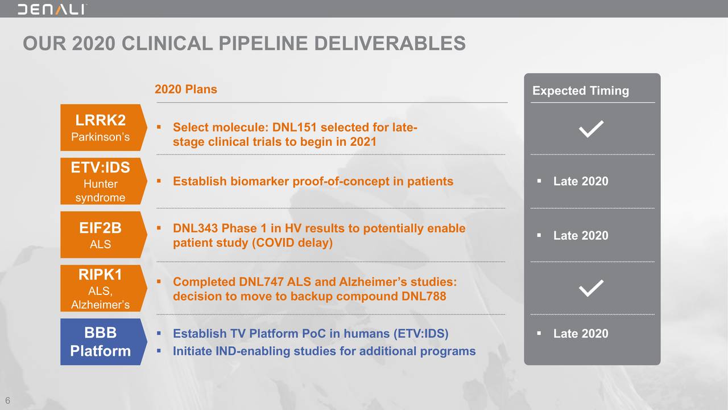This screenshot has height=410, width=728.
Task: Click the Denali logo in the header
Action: coord(52,10)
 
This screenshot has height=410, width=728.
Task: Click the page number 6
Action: coord(8,400)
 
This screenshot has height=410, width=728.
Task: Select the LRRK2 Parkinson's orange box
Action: coord(104,128)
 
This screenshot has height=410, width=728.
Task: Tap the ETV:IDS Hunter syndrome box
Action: coord(104,181)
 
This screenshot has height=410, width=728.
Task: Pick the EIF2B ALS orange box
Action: coord(104,235)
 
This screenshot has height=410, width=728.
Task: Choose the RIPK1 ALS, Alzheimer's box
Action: coord(104,288)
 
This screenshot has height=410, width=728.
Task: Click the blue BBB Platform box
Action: coord(104,342)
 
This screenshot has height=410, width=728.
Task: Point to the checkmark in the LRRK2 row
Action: coord(591,129)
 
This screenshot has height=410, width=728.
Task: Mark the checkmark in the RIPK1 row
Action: coord(591,288)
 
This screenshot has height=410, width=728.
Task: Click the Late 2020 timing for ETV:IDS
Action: coord(581,181)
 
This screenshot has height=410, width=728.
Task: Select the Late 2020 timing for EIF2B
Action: coord(581,235)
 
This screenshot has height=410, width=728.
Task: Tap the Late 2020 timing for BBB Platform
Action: coord(581,334)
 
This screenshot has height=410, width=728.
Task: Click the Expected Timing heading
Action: coord(581,91)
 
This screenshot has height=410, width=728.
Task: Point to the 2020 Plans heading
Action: coord(186,89)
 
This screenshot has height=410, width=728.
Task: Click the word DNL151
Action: coord(295,127)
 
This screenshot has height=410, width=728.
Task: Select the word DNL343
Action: coord(195,228)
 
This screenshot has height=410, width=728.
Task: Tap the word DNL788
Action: coord(424,297)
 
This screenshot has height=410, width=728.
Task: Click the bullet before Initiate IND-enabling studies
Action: coord(159,351)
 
